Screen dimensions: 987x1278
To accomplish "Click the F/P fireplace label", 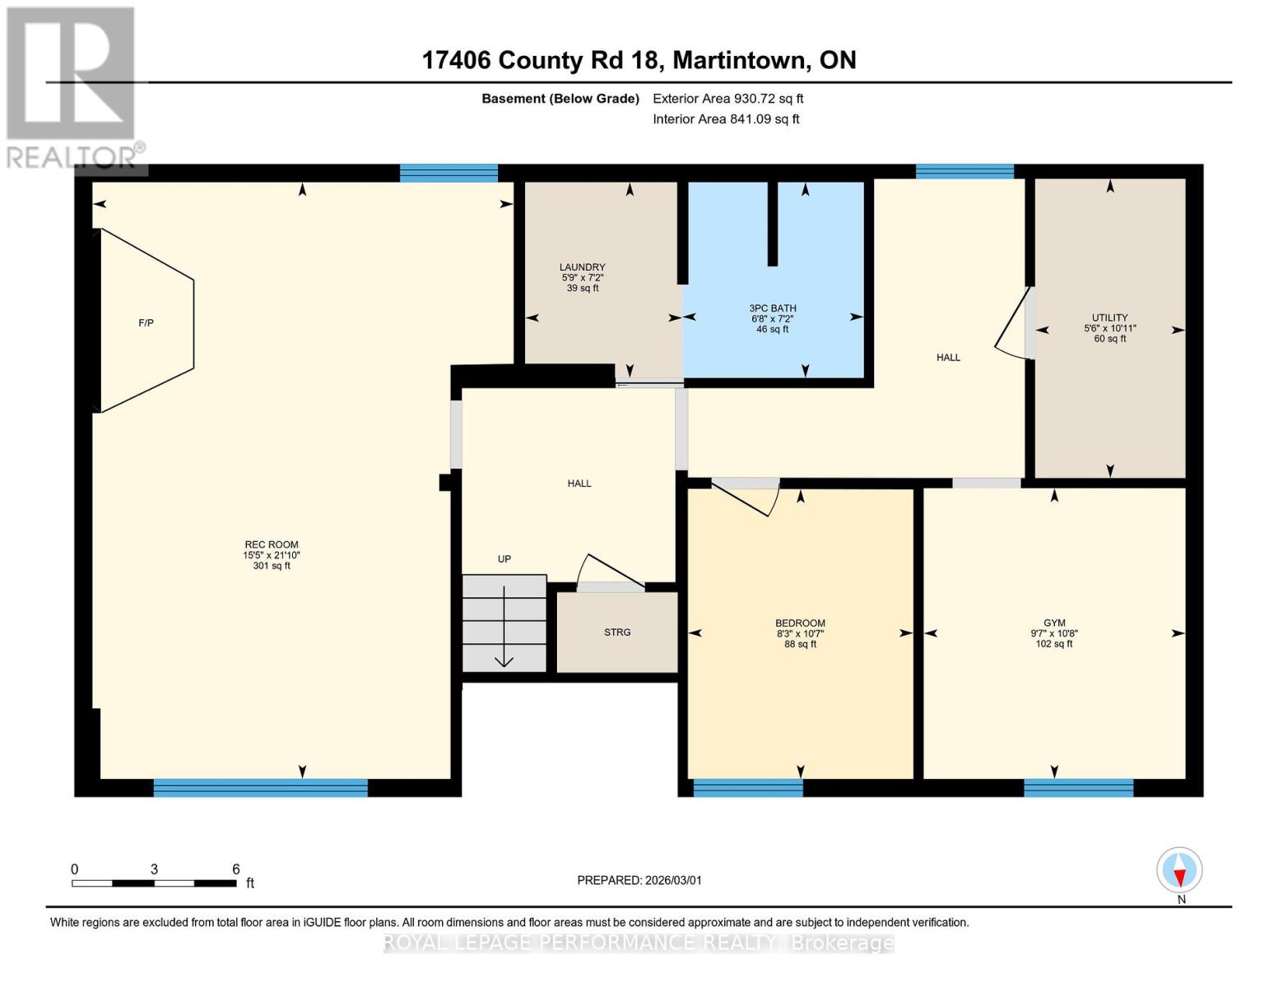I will tap(146, 323).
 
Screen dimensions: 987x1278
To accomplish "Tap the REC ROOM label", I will tap(272, 544).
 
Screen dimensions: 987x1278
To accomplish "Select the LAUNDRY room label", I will tap(582, 267).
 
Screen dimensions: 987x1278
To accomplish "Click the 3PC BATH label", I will tap(772, 308).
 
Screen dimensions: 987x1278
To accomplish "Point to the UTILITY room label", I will tap(1109, 317).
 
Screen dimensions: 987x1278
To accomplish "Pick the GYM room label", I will tap(1053, 623).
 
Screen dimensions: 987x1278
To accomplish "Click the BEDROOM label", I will tap(800, 623).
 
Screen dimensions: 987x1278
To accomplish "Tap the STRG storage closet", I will tap(617, 632).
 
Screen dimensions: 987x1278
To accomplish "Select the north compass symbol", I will tap(1179, 870).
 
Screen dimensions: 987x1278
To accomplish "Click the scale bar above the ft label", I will tap(154, 883).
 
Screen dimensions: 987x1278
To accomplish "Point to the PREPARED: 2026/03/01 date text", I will tap(639, 880).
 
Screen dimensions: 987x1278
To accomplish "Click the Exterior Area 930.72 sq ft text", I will tap(727, 99).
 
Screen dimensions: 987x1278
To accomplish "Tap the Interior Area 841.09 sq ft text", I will tap(726, 119).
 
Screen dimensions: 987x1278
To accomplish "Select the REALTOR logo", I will tap(72, 86).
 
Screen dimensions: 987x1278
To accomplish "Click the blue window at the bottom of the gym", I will tap(1078, 788).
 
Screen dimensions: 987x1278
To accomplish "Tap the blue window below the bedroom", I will tap(747, 788).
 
